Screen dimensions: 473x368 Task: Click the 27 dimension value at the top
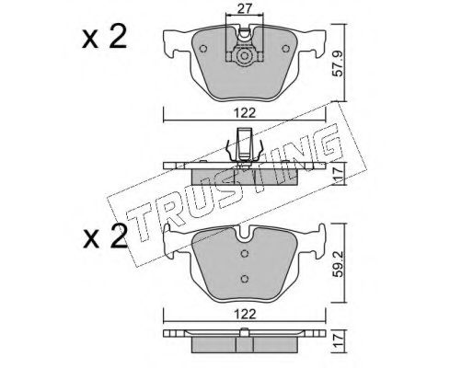click(245, 8)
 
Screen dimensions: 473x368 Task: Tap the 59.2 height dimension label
click(338, 264)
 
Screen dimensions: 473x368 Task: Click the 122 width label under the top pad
click(245, 113)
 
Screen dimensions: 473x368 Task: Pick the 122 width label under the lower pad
click(245, 314)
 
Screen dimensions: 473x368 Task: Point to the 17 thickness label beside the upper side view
click(338, 174)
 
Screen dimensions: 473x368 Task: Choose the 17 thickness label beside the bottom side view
click(338, 340)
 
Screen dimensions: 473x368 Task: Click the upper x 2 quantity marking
click(104, 37)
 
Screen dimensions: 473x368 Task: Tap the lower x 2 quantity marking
click(104, 236)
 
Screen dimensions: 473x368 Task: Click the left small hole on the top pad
click(202, 49)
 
